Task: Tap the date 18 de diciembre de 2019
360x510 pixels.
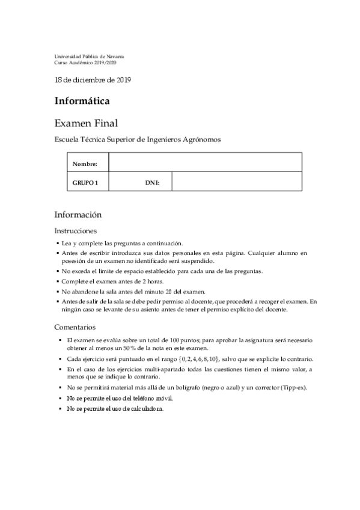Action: tap(93, 79)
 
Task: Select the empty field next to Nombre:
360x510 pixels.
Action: tap(204, 163)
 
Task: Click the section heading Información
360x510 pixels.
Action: tap(78, 215)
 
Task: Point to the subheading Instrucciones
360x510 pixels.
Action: tap(75, 231)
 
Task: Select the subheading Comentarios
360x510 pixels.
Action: tap(75, 328)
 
